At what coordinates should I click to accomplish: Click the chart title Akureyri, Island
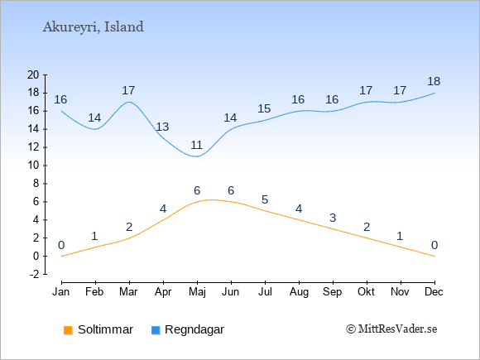pos(93,27)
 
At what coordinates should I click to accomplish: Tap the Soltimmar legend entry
pos(98,329)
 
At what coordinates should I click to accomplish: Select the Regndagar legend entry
pos(188,329)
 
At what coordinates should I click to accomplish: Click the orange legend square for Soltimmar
pos(68,330)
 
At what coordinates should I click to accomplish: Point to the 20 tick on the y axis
pos(33,74)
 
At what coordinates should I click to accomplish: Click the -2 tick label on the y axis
pos(34,274)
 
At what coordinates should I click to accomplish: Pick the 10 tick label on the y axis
pos(33,166)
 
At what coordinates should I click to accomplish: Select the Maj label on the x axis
pos(197,292)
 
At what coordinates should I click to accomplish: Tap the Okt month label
pos(366,291)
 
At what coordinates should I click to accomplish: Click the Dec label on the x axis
pos(434,291)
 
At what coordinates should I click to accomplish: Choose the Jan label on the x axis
pos(61,291)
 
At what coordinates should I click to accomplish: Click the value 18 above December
pos(434,81)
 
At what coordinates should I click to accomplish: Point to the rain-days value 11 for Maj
pos(196,145)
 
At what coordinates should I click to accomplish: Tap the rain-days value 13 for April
pos(162,127)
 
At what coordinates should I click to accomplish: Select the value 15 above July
pos(264,108)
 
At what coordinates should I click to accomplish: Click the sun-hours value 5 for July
pos(265,199)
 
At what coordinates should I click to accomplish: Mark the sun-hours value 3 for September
pos(333,218)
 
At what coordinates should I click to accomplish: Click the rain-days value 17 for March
pos(128,90)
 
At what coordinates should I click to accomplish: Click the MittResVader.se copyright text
pos(391,329)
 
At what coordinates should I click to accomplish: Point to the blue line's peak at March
pos(129,102)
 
